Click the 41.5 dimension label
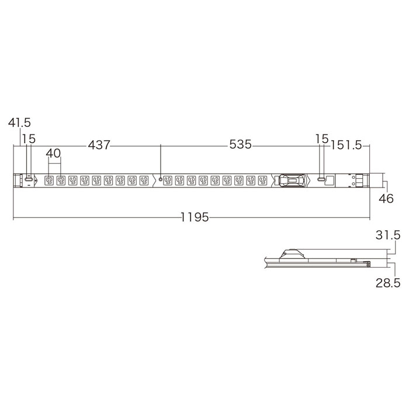tap(19, 123)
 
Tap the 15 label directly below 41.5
tap(29, 139)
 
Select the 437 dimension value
tap(99, 145)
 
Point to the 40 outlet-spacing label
tap(54, 153)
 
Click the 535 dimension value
tap(241, 144)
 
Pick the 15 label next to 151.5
tap(322, 139)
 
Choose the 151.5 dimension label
tap(346, 145)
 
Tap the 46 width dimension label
tap(386, 199)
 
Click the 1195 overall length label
tap(195, 217)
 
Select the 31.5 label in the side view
tap(388, 235)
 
